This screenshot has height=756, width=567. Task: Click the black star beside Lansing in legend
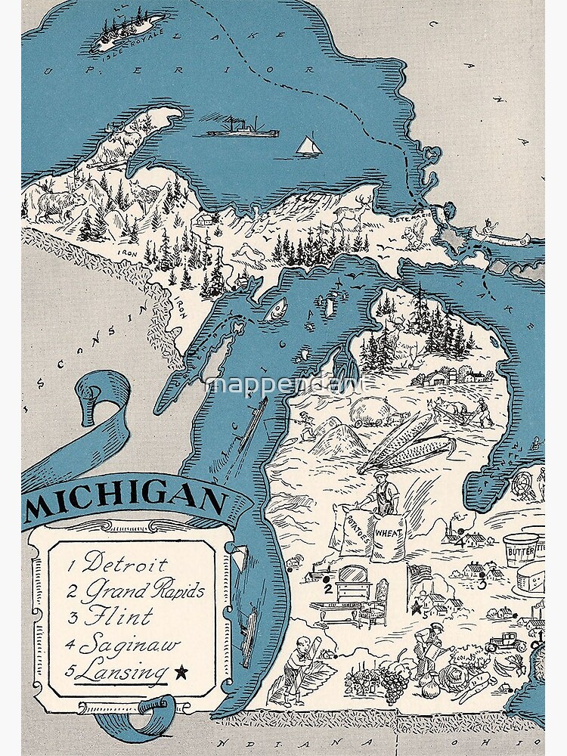(180, 671)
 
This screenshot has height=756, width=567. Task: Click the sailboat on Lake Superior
(308, 145)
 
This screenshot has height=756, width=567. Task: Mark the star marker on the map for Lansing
(416, 606)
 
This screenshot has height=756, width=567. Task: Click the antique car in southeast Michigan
(506, 644)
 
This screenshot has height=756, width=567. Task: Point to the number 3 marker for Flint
(482, 583)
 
